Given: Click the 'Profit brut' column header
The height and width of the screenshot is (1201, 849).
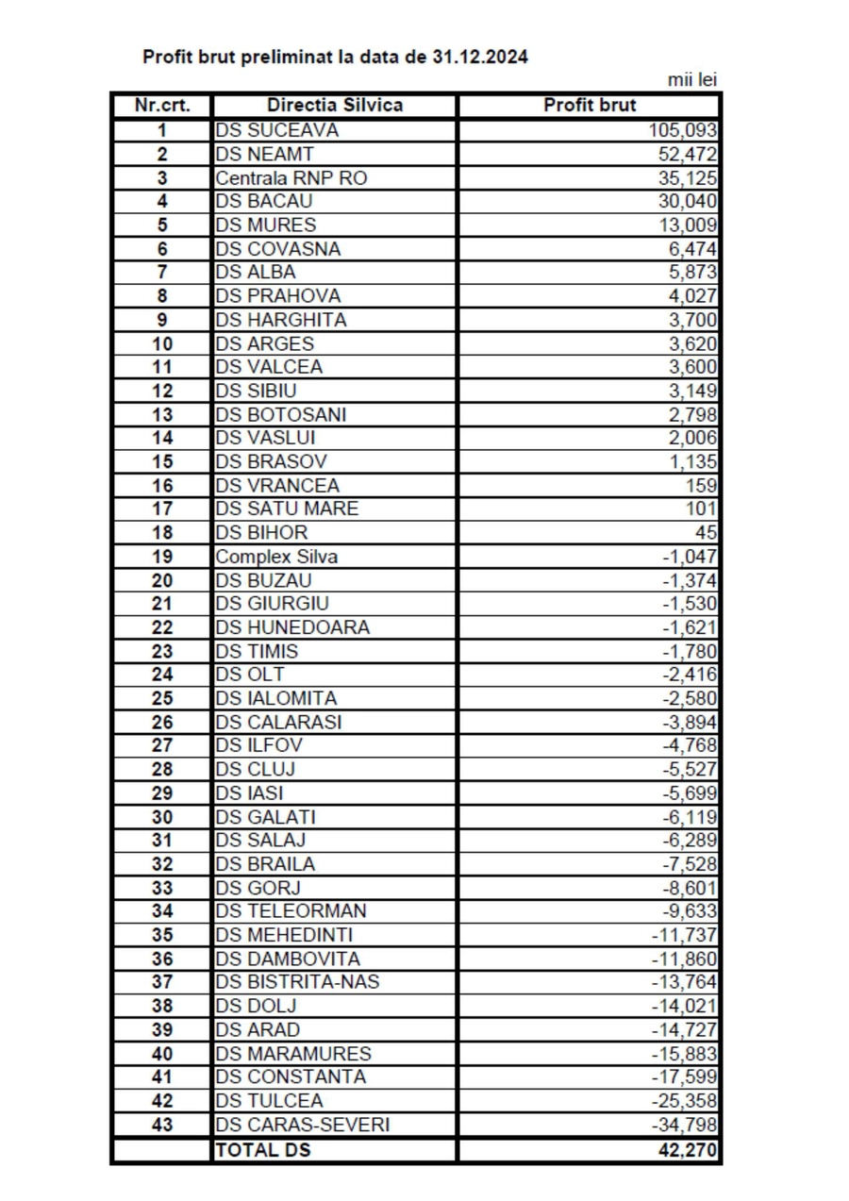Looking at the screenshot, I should click(590, 105).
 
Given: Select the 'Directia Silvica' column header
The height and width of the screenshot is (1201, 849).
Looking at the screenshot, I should click(335, 105).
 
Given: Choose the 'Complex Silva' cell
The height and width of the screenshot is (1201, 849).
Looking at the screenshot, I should click(276, 557).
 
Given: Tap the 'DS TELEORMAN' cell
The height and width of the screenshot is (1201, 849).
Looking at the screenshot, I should click(291, 911).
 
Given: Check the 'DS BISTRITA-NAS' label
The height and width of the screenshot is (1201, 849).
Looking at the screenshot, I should click(298, 982).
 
